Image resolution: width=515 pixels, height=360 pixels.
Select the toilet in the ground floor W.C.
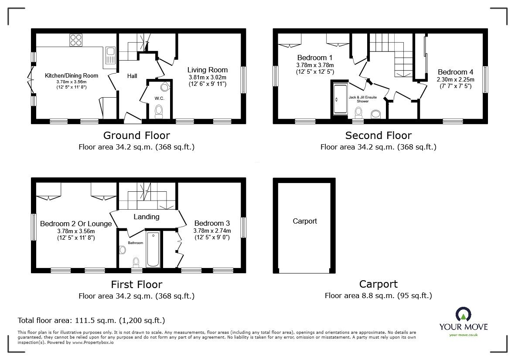click(159, 111)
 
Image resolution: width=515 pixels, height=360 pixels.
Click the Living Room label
click(208, 70)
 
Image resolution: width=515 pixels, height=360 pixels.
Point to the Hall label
click(132, 76)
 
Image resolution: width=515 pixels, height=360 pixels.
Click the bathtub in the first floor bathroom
click(153, 249)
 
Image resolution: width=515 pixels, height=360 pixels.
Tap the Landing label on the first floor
click(146, 217)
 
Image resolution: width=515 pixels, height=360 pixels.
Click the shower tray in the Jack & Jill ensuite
click(339, 99)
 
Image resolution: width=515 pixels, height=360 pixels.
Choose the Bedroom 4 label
click(455, 72)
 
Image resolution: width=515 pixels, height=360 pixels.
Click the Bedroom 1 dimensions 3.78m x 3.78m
click(314, 65)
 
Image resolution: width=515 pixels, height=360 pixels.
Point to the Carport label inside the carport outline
click(305, 221)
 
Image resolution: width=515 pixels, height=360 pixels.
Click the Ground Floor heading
click(136, 136)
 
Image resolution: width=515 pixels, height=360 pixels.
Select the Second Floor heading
click(378, 136)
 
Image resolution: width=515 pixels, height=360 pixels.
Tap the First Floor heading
click(136, 285)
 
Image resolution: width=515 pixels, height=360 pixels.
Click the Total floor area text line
click(91, 320)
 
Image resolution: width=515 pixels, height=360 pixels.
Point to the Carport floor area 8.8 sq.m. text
click(378, 296)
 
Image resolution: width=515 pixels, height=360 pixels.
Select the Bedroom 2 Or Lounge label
click(75, 224)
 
